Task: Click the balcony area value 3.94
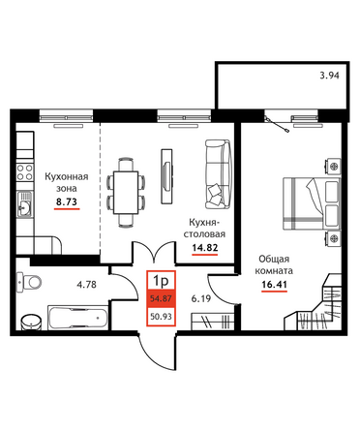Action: [x=329, y=76]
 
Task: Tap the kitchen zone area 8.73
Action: [x=67, y=201]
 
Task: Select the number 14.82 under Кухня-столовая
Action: [x=205, y=248]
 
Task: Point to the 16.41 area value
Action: [x=274, y=285]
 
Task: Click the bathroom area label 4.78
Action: [x=86, y=285]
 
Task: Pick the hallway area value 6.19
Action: [x=201, y=298]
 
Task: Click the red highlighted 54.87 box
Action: [x=161, y=298]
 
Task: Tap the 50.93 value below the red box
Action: [x=161, y=317]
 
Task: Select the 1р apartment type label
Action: [x=161, y=281]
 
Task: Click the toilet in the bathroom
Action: [x=29, y=282]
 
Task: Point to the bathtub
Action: [x=78, y=318]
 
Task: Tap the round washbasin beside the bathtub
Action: [x=31, y=322]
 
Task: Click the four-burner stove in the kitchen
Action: [x=25, y=172]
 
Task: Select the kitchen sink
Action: [x=24, y=203]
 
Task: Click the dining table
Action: [x=126, y=193]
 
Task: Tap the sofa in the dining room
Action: [x=218, y=173]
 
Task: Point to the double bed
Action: [x=312, y=203]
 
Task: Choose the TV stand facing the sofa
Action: [x=166, y=176]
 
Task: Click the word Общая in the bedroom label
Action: [x=274, y=259]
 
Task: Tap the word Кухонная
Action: [x=67, y=176]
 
